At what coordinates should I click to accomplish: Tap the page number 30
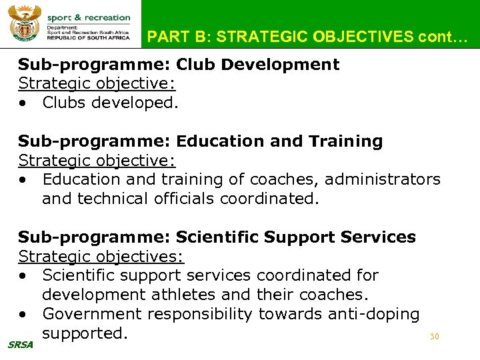[434, 337]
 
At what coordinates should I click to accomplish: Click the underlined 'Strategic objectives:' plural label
[101, 256]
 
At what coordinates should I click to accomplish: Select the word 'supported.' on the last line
[84, 333]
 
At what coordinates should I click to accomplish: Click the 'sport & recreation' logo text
[88, 17]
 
